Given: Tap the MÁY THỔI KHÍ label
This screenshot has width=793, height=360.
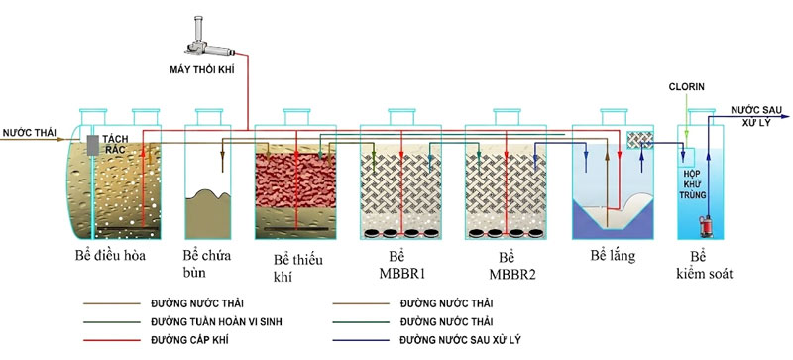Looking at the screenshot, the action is point(202,69).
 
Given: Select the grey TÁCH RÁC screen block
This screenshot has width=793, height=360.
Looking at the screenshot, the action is point(92,145).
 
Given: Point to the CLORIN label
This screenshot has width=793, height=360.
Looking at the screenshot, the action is point(687,87).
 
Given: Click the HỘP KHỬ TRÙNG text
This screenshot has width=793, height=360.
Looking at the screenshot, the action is point(693,184).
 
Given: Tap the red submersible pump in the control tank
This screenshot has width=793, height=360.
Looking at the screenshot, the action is point(704,226).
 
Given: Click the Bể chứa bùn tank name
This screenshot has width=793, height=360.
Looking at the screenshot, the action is point(207,263).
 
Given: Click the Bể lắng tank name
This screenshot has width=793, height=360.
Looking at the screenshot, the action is point(613,256).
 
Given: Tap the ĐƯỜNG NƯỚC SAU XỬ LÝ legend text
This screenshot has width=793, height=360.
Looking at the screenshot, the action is point(460,340).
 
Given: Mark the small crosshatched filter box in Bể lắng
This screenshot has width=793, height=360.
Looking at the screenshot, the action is point(639,140).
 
